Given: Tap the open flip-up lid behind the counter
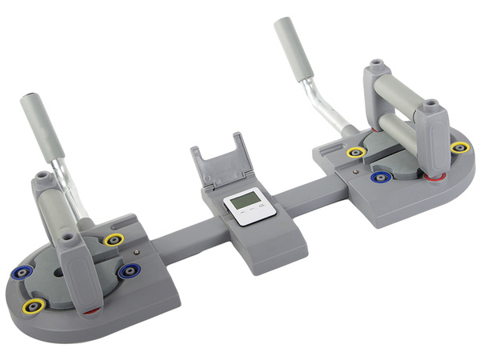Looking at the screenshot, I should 220,159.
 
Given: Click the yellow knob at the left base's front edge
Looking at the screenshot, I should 35,306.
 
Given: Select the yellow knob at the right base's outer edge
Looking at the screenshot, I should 458,147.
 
